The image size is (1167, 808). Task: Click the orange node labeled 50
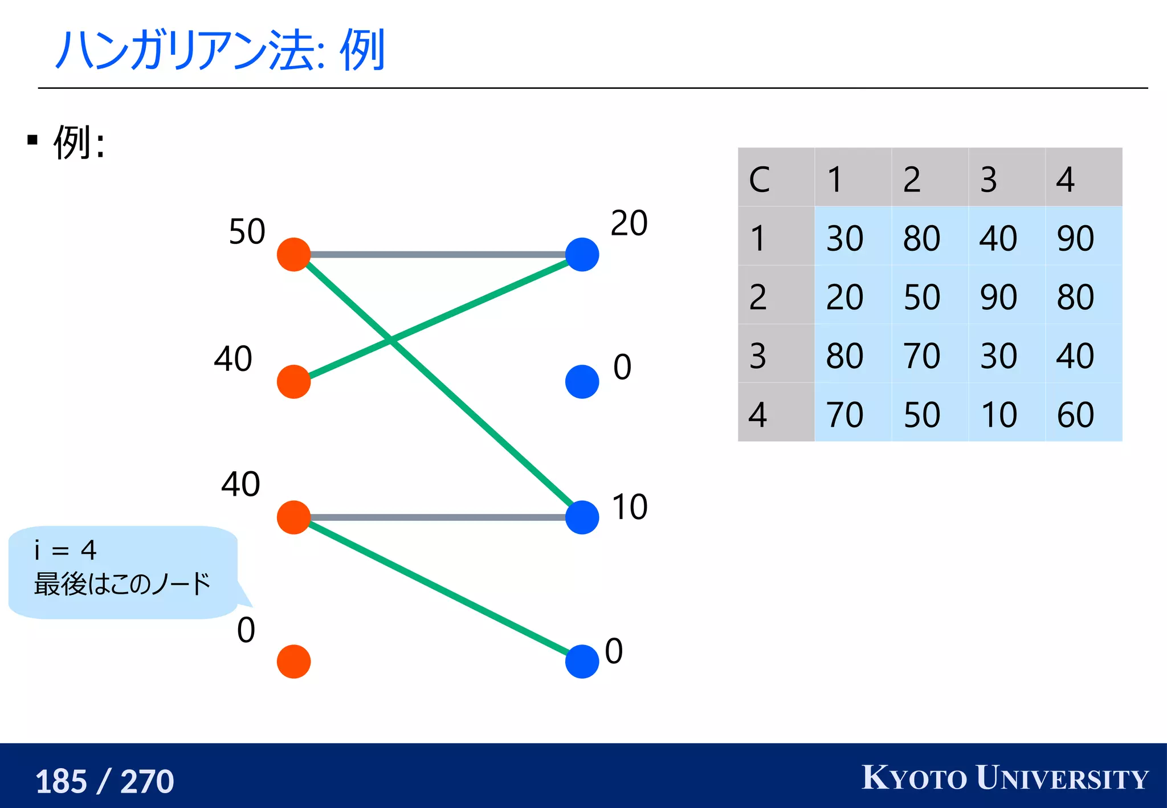coord(293,255)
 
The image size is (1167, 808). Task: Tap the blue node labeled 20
coord(582,255)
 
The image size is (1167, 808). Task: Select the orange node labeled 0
coord(293,662)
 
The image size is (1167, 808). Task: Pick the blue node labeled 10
coord(582,517)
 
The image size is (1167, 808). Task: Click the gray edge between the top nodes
coord(438,254)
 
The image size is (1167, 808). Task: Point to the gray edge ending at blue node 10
coord(438,517)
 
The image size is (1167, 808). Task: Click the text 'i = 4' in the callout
coord(66,550)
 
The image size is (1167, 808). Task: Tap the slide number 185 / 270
coord(104,781)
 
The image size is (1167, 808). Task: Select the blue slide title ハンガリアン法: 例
coord(221,50)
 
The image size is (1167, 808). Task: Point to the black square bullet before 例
coord(32,140)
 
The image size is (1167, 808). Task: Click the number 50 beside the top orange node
coord(247,231)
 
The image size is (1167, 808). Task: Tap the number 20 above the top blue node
coord(629,223)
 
